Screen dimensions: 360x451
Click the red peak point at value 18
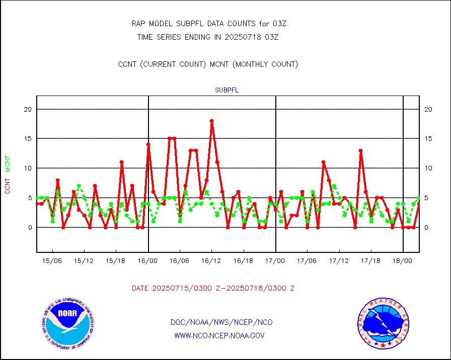[212, 121]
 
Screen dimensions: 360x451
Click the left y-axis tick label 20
[28, 109]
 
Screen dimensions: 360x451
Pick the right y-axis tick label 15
[429, 139]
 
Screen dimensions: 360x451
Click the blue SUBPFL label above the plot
[227, 91]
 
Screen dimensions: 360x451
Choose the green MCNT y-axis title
[8, 163]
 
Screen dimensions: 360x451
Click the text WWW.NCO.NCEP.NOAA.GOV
[219, 335]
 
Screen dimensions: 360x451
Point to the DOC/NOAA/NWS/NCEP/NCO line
[221, 322]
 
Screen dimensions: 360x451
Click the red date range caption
[213, 288]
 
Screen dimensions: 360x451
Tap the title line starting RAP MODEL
[209, 24]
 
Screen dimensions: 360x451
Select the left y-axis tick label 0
[30, 227]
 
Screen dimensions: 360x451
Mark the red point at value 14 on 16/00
[148, 145]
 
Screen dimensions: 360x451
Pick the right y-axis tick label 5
[427, 198]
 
